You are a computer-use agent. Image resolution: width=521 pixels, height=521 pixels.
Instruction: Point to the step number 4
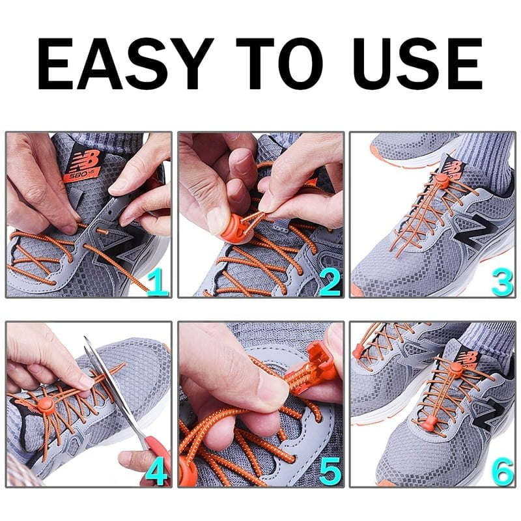point(156,470)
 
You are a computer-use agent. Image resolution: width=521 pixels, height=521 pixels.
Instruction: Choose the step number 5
point(329,470)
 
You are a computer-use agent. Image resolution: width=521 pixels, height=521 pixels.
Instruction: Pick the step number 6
point(501,470)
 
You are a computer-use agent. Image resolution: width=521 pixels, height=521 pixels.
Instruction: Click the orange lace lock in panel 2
point(237,227)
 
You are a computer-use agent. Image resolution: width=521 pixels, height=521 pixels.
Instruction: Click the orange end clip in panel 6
point(357,352)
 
